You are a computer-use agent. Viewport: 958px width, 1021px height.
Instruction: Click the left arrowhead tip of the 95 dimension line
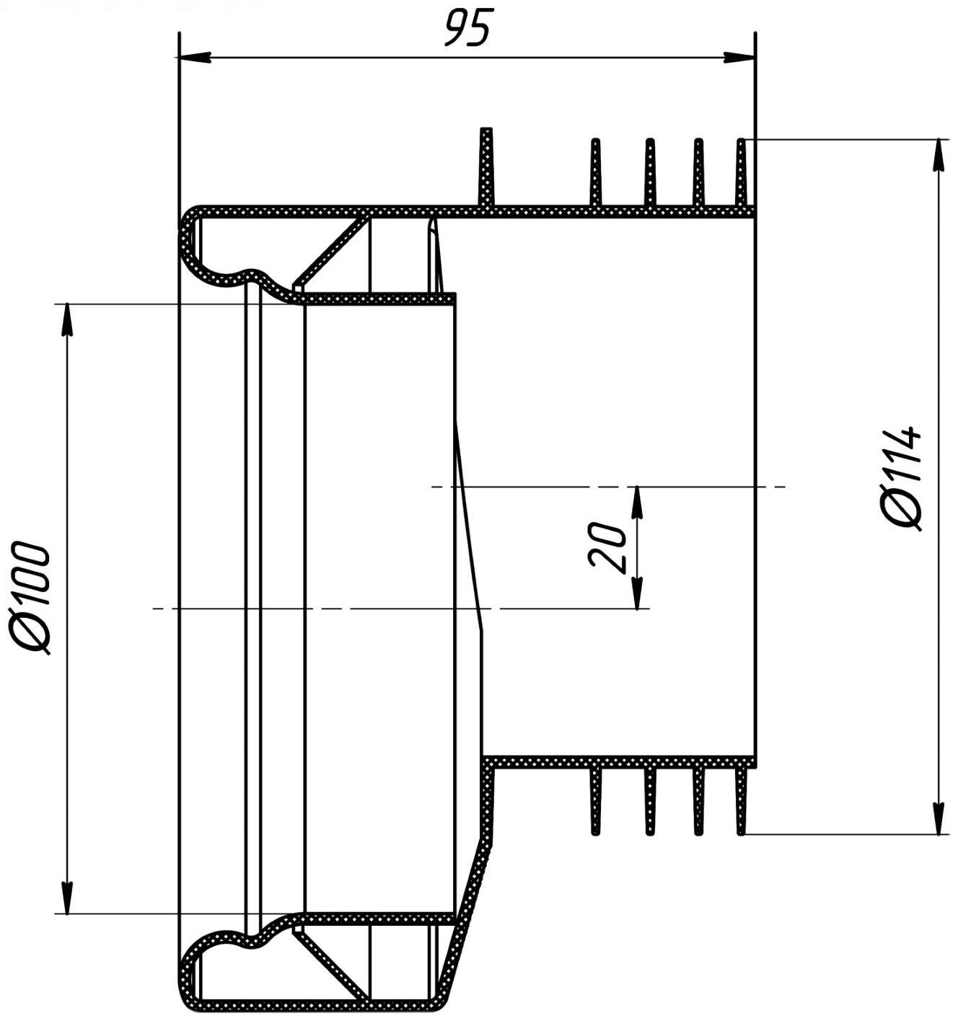(x=178, y=57)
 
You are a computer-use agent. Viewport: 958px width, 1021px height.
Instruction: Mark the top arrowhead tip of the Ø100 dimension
(x=66, y=304)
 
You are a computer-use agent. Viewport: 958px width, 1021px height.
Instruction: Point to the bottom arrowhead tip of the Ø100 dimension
(x=66, y=914)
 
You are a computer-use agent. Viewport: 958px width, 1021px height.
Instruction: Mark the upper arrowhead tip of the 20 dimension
(x=637, y=486)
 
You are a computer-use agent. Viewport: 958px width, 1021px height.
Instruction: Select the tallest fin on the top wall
(x=486, y=167)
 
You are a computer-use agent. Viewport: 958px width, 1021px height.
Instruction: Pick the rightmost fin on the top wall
(x=742, y=173)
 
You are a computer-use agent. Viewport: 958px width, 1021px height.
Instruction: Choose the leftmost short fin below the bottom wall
(x=595, y=800)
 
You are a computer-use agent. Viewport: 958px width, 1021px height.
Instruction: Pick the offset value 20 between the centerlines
(x=608, y=547)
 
